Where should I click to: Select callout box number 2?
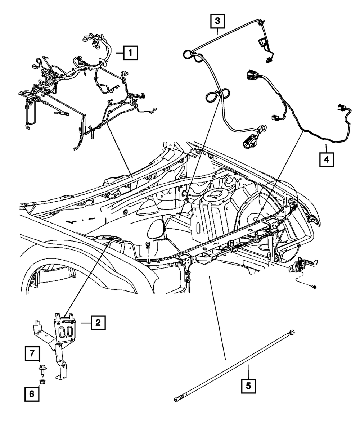point(98,323)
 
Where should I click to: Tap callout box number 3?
point(217,21)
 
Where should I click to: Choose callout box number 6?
point(32,394)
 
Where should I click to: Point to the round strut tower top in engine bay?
point(215,194)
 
